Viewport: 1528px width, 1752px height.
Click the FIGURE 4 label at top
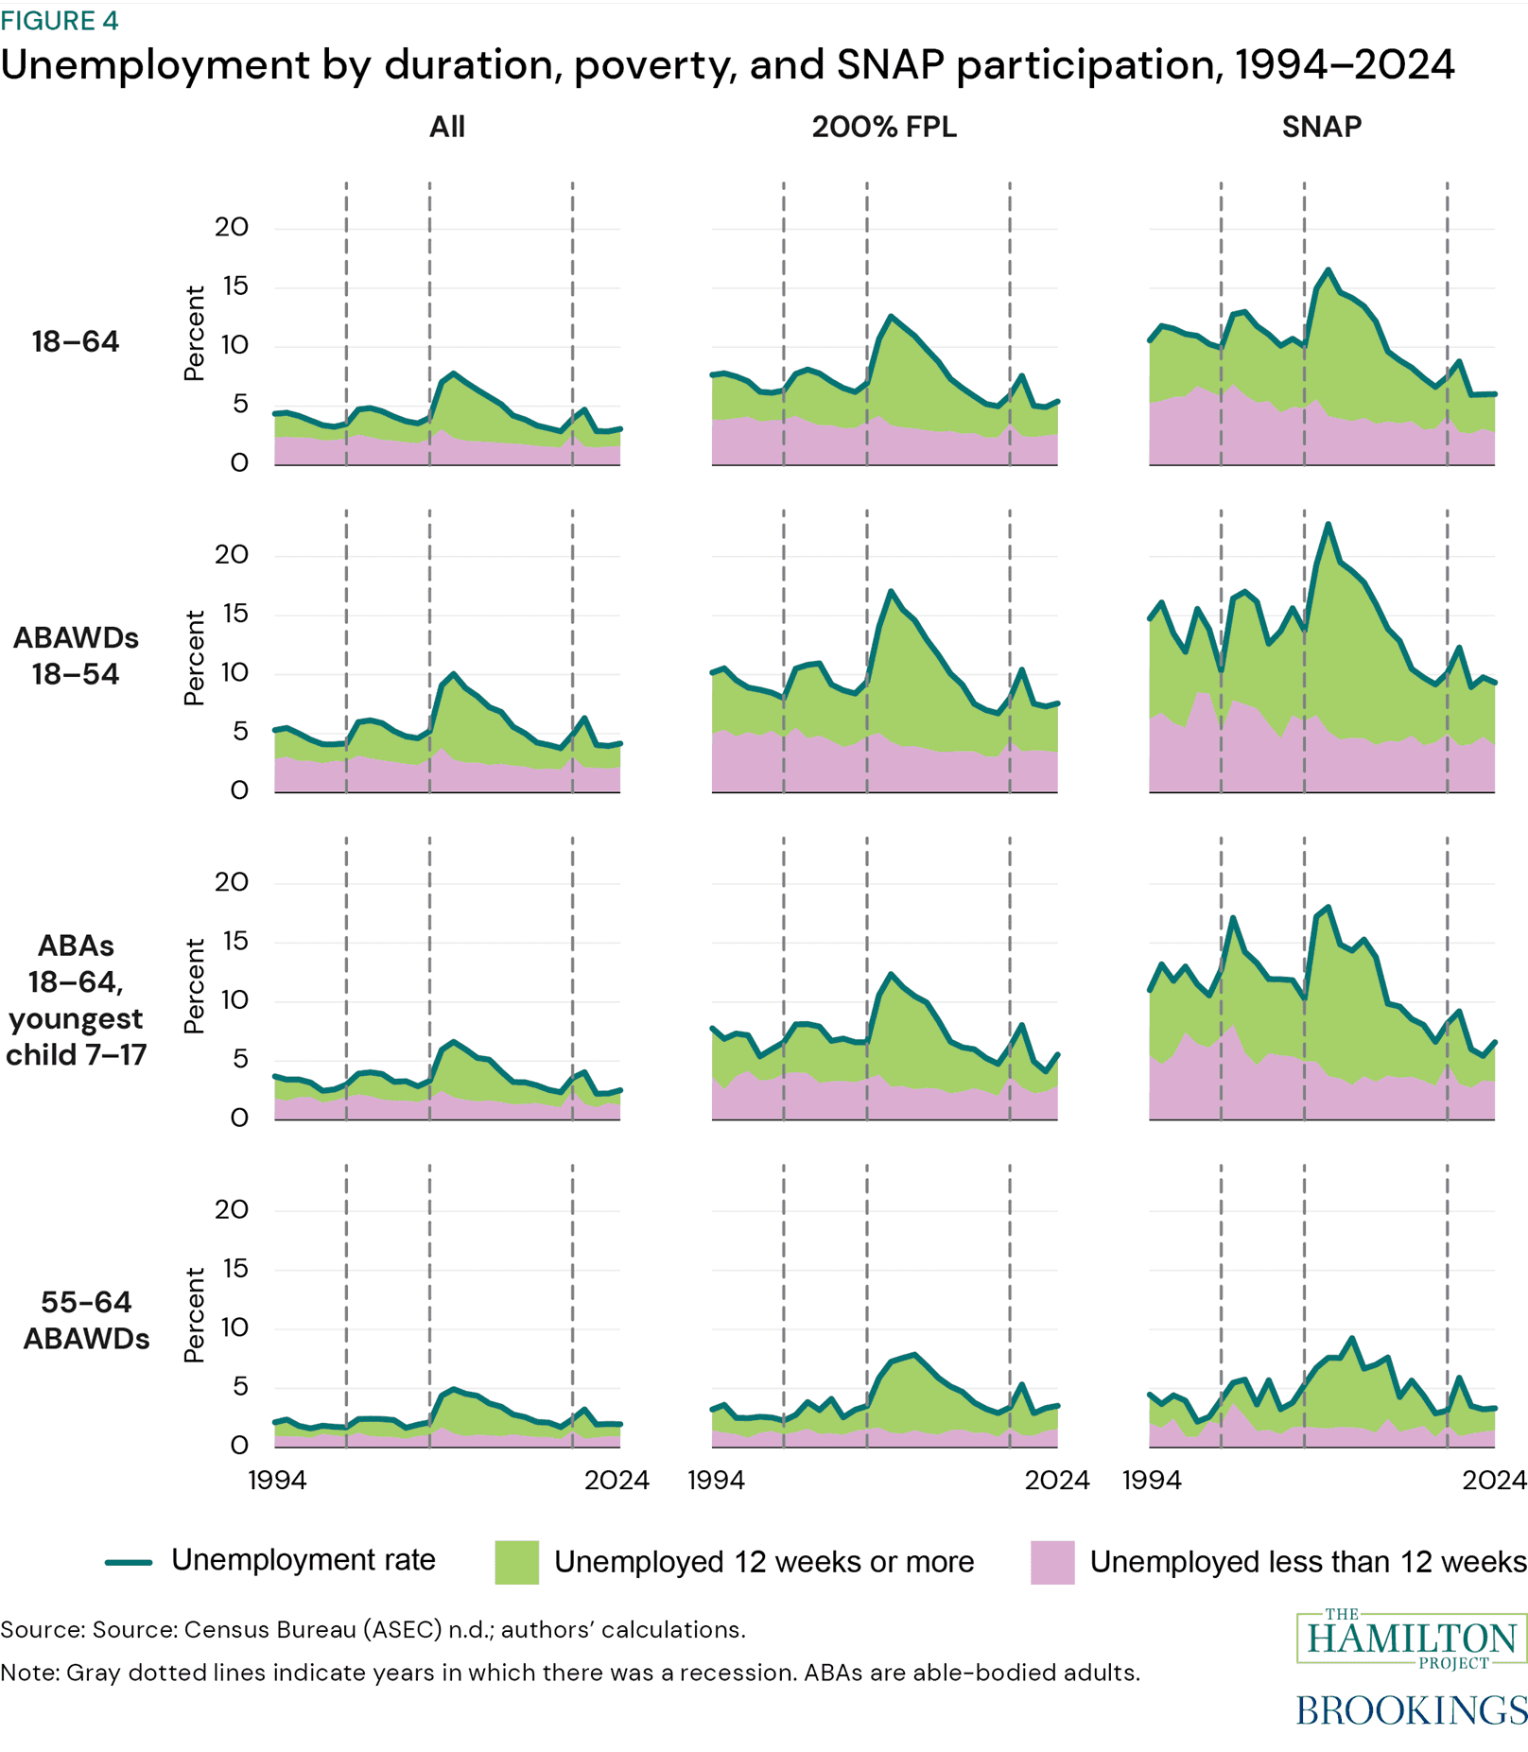[x=59, y=21]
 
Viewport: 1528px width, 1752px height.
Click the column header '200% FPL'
[x=884, y=127]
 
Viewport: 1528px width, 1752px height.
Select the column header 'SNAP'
[x=1321, y=127]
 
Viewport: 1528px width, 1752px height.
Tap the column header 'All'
[x=446, y=127]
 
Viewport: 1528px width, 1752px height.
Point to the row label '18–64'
[x=76, y=341]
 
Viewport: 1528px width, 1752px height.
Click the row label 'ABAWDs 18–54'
[x=76, y=655]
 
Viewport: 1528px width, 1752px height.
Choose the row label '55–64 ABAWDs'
[x=86, y=1320]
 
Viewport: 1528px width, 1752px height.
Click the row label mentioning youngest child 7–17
[x=76, y=999]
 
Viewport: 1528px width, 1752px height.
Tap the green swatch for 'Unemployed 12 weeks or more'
[x=516, y=1562]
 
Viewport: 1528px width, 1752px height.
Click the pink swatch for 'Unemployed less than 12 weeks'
[x=1052, y=1562]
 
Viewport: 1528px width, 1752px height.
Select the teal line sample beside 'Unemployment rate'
[x=129, y=1562]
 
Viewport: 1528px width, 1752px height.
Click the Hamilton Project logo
[x=1412, y=1639]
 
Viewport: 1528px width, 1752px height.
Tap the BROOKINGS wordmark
[x=1411, y=1709]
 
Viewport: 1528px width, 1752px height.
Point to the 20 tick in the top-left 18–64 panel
[x=231, y=227]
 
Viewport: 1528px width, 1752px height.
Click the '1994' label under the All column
[x=277, y=1480]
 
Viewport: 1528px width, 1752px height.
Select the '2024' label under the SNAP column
[x=1493, y=1480]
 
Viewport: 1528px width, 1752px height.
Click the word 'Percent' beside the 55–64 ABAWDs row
[x=195, y=1315]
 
